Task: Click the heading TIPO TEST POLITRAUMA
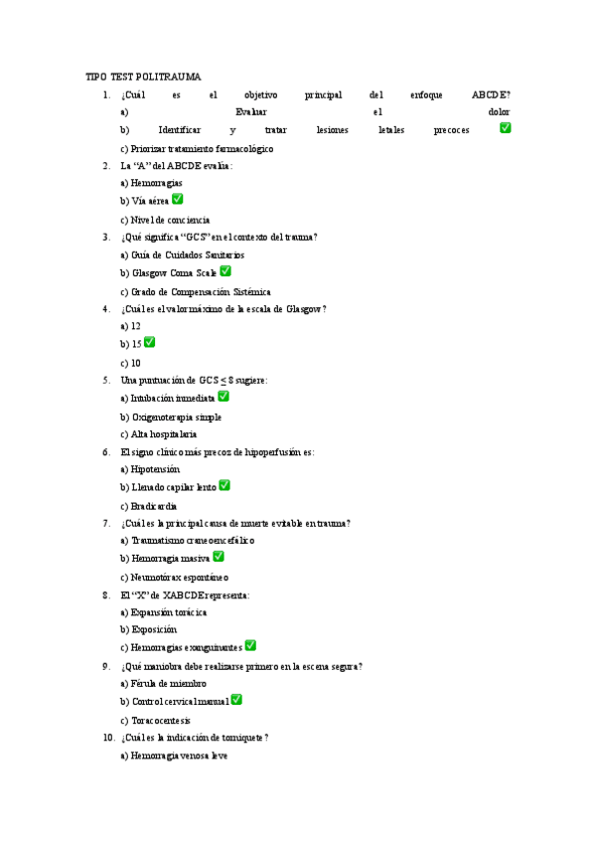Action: point(144,77)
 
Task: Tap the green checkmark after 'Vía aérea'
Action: point(178,199)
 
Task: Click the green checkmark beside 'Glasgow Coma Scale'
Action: point(225,270)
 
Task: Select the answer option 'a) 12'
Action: point(130,326)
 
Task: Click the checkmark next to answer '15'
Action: point(150,342)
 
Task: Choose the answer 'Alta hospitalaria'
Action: point(158,434)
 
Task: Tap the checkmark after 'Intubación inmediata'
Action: point(223,396)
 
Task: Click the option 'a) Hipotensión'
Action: point(150,469)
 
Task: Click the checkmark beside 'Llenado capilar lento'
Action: point(224,485)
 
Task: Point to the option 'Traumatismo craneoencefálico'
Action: point(187,541)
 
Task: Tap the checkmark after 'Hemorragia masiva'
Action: point(219,557)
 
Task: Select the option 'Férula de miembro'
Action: point(163,684)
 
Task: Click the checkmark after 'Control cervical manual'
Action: point(236,700)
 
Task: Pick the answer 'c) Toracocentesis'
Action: point(155,721)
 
